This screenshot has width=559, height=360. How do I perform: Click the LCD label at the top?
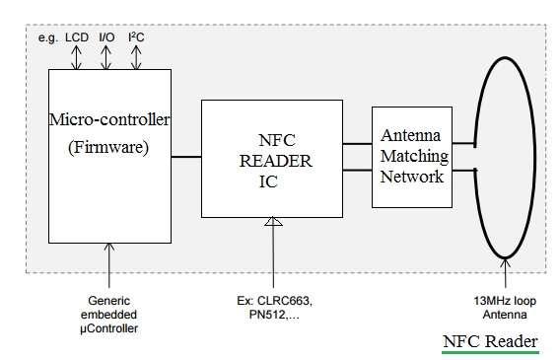click(77, 37)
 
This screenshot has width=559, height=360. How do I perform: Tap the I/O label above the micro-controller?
click(106, 37)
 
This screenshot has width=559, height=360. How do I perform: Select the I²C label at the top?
click(136, 37)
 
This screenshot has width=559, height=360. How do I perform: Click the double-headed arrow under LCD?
click(77, 57)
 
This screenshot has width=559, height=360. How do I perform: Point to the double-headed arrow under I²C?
click(136, 57)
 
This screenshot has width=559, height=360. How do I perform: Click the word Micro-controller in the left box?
click(109, 121)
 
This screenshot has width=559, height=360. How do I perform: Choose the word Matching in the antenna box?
click(415, 156)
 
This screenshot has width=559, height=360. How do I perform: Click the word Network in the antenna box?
click(415, 176)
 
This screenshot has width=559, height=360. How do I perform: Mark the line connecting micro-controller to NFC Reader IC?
click(186, 157)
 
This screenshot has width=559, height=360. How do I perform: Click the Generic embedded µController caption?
click(108, 313)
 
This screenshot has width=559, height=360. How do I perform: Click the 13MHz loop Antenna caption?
click(503, 306)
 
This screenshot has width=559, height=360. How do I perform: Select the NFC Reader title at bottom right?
click(490, 341)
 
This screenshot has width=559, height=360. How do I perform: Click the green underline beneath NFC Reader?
click(490, 352)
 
